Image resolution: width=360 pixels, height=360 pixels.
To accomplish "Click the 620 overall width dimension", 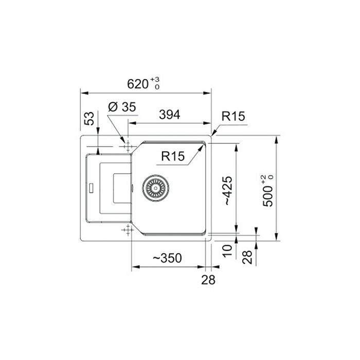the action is click(x=138, y=84).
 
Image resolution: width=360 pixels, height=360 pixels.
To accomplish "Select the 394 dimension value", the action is click(x=170, y=115).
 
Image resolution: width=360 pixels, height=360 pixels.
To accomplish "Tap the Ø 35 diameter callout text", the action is click(x=122, y=107).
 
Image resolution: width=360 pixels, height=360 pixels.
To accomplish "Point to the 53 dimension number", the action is click(x=89, y=118).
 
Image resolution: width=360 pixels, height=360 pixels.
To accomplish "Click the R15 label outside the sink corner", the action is click(x=233, y=116).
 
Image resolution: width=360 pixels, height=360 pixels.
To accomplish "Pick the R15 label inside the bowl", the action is click(x=173, y=156).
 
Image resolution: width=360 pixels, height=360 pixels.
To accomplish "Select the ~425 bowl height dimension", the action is click(x=228, y=191).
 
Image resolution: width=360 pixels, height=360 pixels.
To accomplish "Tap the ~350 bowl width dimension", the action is click(x=167, y=258).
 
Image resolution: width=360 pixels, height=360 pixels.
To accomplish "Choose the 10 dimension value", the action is click(x=227, y=251).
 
